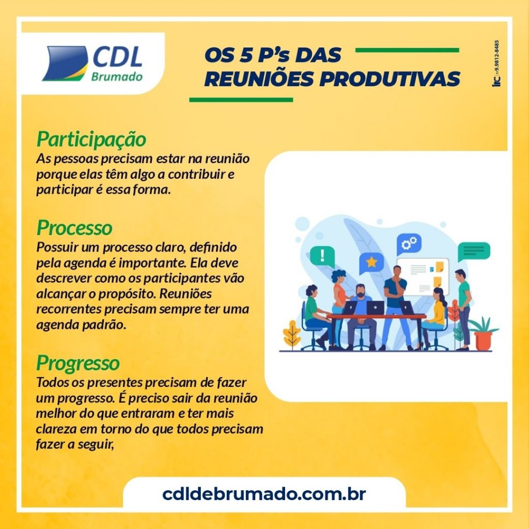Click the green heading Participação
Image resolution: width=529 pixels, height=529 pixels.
click(x=91, y=139)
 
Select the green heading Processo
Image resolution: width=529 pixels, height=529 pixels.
click(x=74, y=228)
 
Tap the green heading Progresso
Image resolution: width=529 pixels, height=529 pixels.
click(x=78, y=364)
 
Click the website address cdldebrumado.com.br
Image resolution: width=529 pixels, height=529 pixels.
click(x=264, y=494)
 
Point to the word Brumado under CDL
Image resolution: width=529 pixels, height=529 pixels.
click(x=117, y=76)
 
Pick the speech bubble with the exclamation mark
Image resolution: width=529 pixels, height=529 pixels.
click(x=322, y=256)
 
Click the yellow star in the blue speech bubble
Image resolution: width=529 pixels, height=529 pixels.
click(x=371, y=261)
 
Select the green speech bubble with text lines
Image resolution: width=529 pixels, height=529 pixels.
click(x=474, y=251)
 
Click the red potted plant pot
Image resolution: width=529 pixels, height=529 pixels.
click(x=483, y=341)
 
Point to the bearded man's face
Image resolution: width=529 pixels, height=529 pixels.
click(x=360, y=291)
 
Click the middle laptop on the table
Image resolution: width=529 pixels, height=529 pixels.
click(x=376, y=307)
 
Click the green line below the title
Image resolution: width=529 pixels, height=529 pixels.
click(x=241, y=100)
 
